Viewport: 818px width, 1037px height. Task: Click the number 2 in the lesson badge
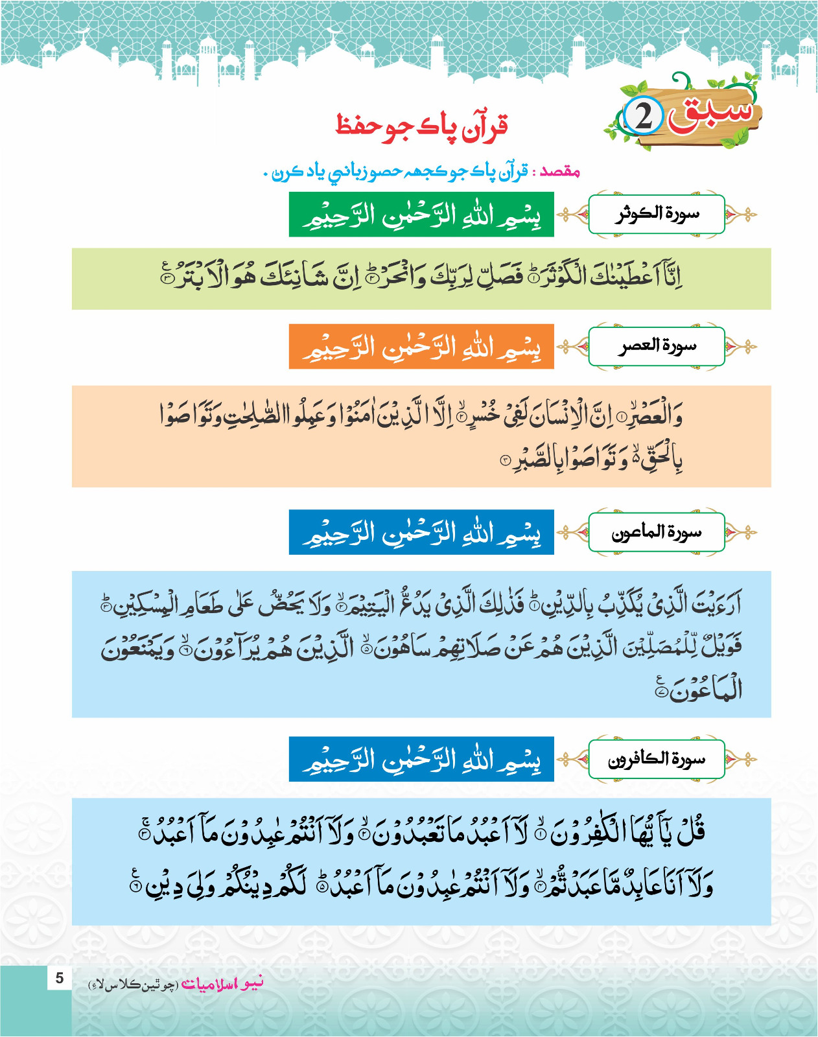[644, 117]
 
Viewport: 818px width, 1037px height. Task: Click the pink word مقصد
[560, 172]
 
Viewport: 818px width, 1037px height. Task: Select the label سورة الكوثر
[657, 213]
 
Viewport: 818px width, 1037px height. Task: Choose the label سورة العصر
[657, 346]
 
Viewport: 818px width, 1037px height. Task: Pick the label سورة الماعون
[657, 532]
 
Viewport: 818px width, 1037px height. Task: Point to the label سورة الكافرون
[657, 759]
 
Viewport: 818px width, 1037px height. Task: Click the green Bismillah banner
[421, 215]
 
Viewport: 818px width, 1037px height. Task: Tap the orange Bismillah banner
[421, 347]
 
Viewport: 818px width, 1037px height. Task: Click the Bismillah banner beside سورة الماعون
[421, 532]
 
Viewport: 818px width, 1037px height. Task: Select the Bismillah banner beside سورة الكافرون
[421, 759]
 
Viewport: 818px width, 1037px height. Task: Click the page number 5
[60, 978]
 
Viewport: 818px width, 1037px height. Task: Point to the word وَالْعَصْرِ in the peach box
[655, 415]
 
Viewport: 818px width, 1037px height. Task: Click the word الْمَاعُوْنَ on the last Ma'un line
[707, 690]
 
